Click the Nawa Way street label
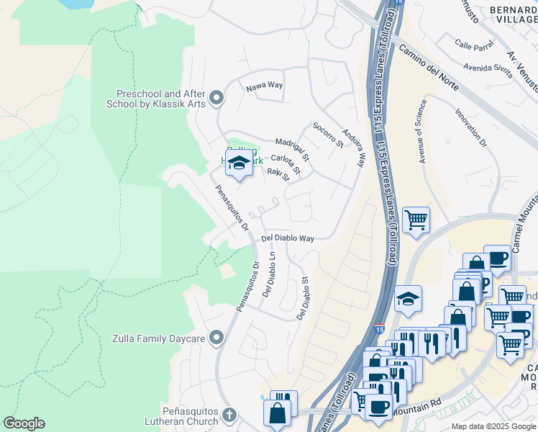pos(265,86)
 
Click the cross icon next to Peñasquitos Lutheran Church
pos(229,415)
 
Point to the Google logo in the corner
pos(24,423)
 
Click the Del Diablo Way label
pos(288,238)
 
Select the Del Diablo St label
pos(303,298)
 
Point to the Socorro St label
pos(328,135)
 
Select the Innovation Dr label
pos(471,128)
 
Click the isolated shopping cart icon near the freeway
pos(416,219)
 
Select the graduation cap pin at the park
pos(239,163)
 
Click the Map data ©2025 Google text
pos(493,426)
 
